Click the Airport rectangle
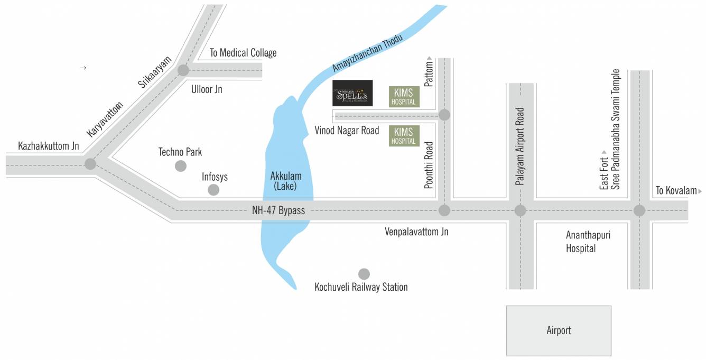coord(559,330)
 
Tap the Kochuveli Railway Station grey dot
coord(364,274)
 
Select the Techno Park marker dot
coord(181,166)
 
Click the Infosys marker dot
coord(213,190)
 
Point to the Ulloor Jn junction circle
coord(183,70)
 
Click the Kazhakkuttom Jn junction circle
coord(90,164)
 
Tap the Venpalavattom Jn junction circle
coord(444,210)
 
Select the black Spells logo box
coord(352,93)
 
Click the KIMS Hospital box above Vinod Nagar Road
coord(404,97)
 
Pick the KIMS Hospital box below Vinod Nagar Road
coord(404,136)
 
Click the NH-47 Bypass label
coord(278,210)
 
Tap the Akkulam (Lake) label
coord(285,181)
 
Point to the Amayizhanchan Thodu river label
coord(368,53)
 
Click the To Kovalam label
coord(676,191)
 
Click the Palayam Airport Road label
coord(521,146)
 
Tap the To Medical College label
coord(243,53)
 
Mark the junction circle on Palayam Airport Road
coord(521,210)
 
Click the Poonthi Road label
coord(429,164)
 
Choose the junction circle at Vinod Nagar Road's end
coord(444,115)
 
